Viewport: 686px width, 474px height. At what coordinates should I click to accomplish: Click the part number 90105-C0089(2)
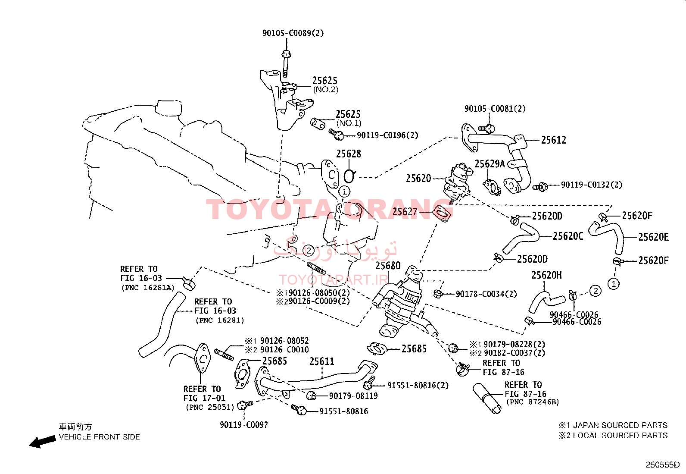pos(293,33)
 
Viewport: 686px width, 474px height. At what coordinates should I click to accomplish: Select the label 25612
pos(553,140)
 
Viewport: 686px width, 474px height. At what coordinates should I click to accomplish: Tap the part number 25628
pos(349,154)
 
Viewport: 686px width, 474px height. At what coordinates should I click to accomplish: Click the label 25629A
pos(490,164)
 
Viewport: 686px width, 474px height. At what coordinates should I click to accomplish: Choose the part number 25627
pos(405,211)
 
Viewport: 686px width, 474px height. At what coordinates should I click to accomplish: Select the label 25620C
pos(568,236)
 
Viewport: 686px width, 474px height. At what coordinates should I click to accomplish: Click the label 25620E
pos(654,237)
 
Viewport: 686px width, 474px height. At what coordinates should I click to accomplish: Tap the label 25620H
pos(546,275)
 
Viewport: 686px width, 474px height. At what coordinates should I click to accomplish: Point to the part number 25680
pos(388,266)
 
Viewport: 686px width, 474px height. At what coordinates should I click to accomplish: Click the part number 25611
pos(321,361)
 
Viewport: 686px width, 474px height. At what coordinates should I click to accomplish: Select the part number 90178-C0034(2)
pos(486,294)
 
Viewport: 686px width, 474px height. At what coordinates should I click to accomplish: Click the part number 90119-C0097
pos(244,425)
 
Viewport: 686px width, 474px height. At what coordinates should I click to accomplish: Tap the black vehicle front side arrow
pos(43,442)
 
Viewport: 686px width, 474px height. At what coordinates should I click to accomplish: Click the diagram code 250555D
pos(663,465)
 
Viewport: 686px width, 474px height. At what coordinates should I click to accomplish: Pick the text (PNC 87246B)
pos(533,402)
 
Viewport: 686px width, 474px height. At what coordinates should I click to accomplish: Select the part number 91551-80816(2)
pos(418,386)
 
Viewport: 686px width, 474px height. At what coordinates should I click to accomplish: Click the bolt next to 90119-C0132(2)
pos(540,186)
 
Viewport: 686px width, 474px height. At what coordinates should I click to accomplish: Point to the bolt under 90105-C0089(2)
pos(285,64)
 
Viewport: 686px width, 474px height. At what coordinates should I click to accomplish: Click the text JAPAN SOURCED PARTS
pos(620,425)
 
